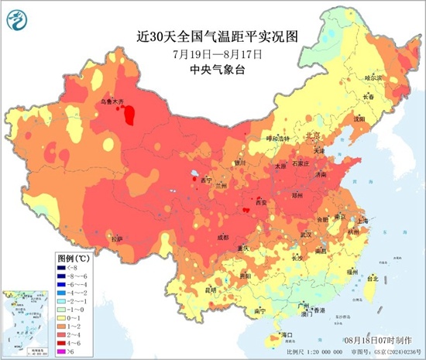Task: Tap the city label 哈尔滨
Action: (x=374, y=78)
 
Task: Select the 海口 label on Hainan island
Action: (x=287, y=334)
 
